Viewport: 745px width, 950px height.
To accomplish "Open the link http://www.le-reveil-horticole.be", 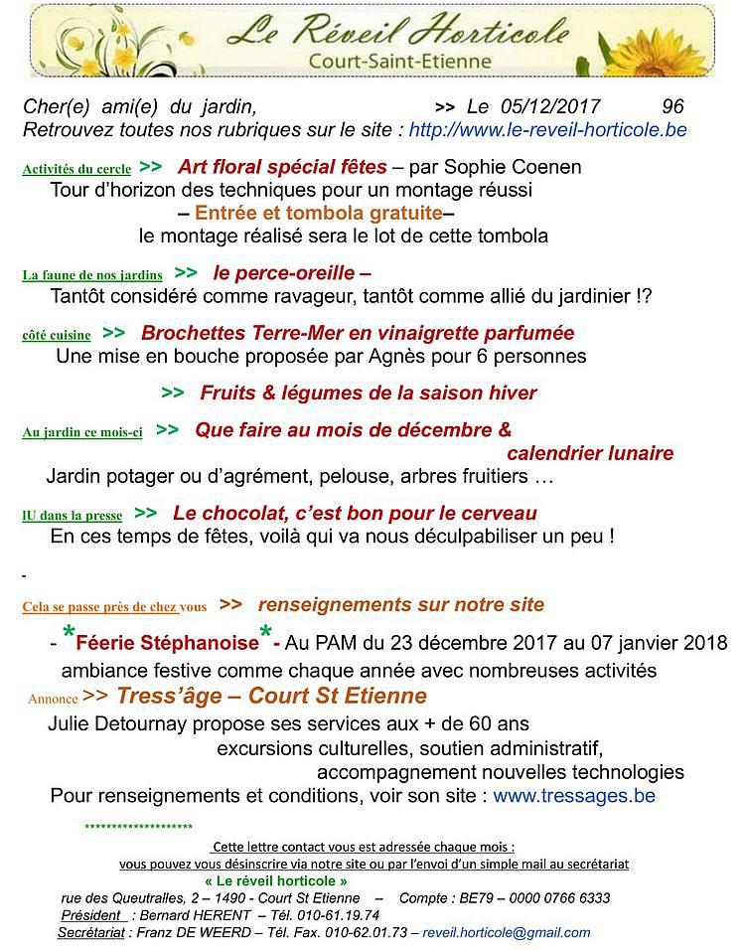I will coord(547,129).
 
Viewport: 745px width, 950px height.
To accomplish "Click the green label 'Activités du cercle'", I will coord(76,170).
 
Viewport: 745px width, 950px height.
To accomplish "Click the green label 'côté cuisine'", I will coord(57,336).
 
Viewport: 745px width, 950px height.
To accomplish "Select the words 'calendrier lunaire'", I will coord(590,454).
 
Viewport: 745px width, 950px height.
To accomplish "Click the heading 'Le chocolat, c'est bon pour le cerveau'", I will coord(355,514).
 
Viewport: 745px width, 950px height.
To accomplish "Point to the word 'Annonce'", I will coord(53,699).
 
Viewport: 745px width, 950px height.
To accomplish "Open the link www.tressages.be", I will coord(573,796).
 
